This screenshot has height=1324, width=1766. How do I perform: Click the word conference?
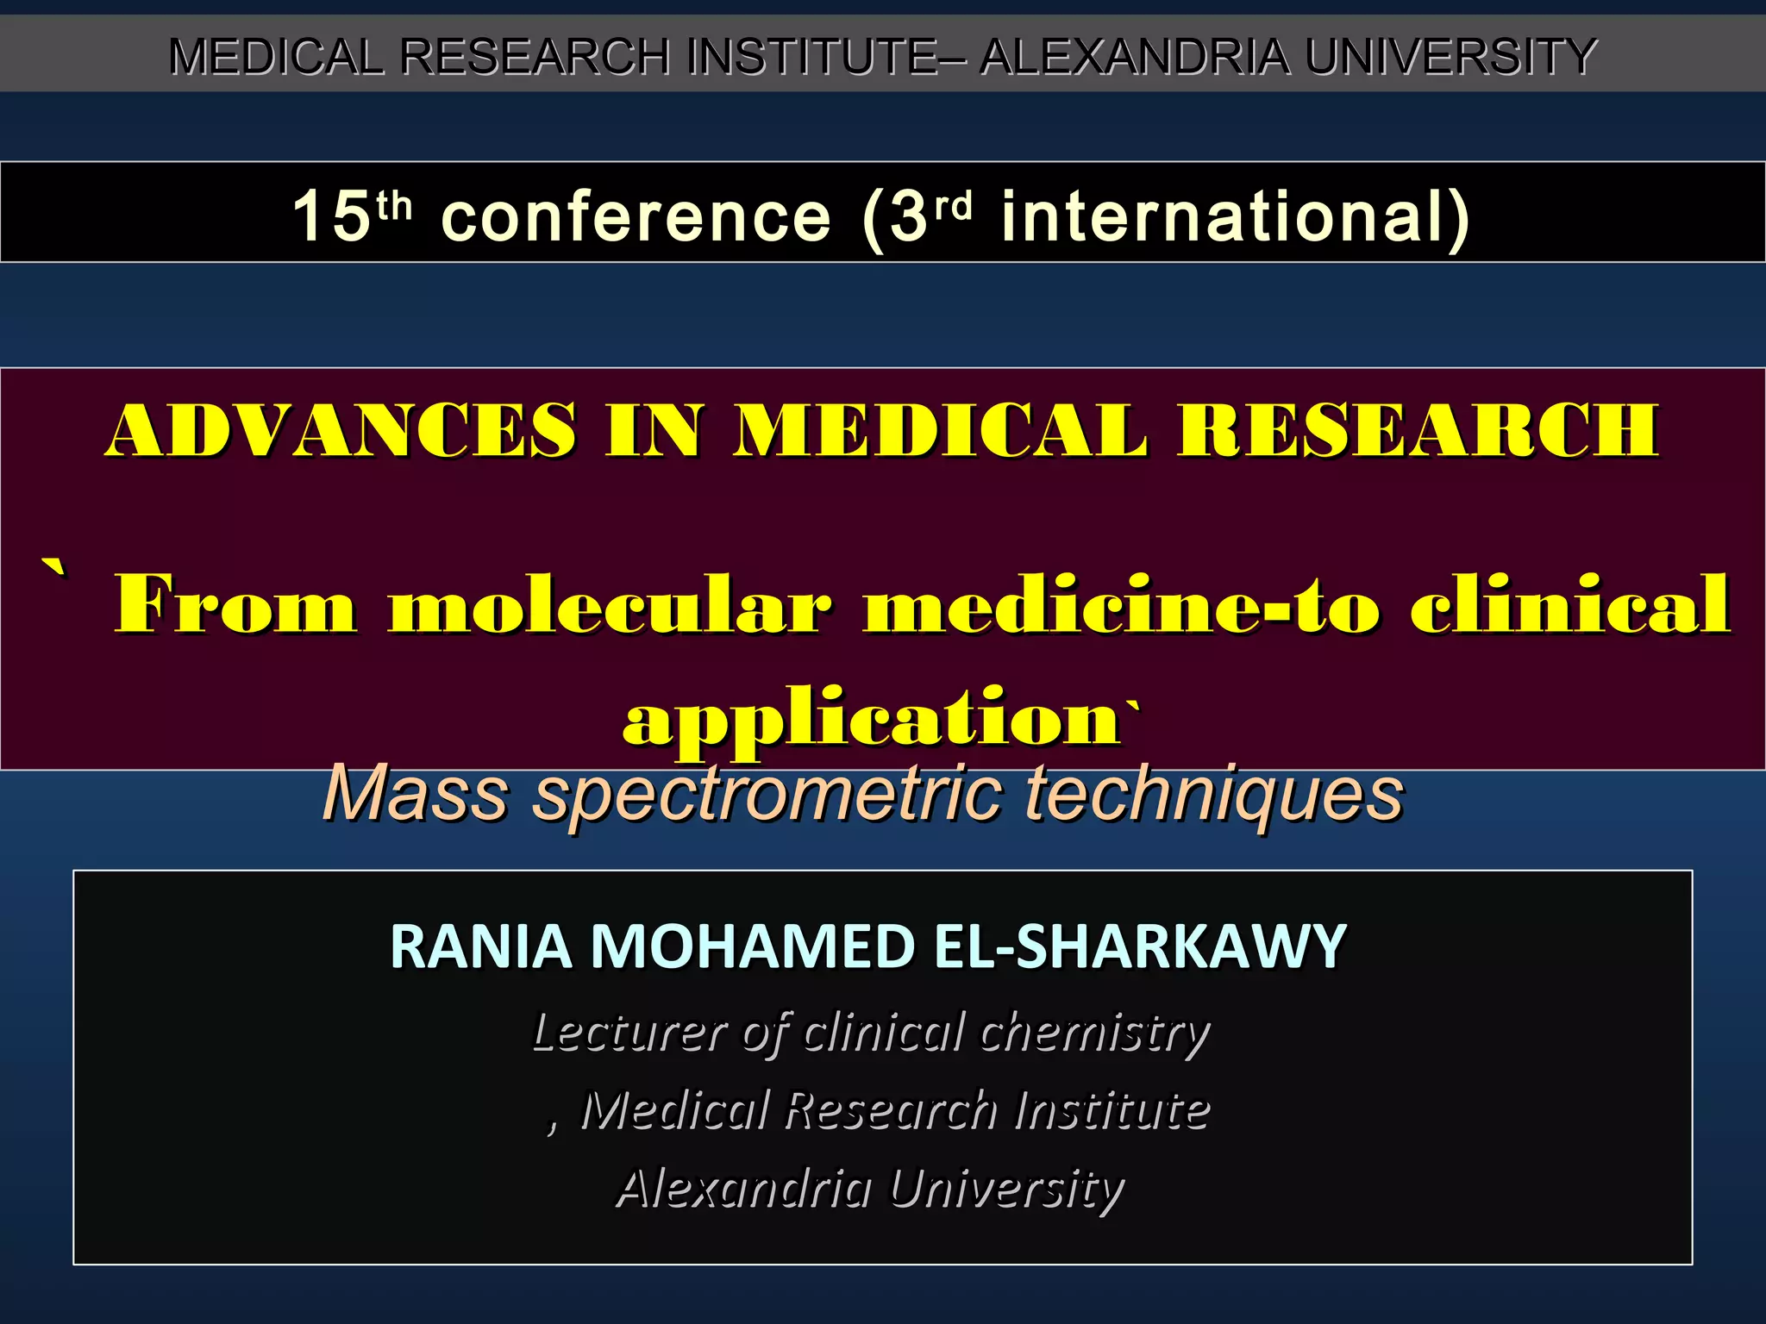click(636, 216)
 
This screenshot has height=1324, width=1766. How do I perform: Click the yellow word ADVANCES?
click(341, 430)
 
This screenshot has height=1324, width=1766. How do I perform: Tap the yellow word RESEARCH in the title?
click(1418, 430)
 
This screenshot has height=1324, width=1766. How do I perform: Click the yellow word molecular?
click(611, 605)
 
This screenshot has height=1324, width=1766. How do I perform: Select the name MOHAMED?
click(752, 946)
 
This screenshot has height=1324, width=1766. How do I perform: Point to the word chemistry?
click(1095, 1033)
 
